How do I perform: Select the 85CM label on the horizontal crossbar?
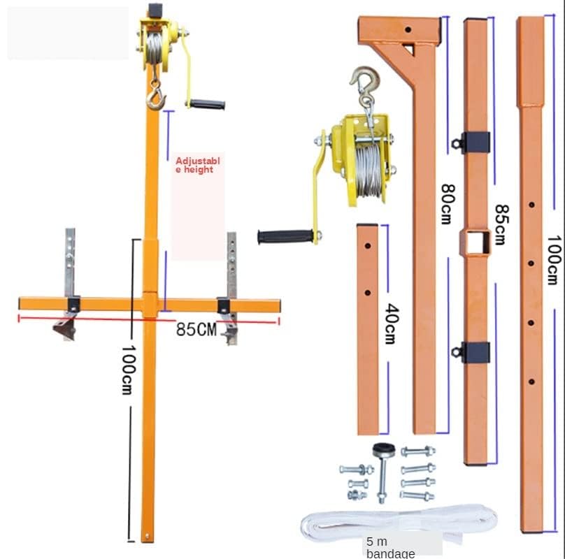196,328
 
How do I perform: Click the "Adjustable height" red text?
197,165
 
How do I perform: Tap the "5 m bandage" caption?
391,547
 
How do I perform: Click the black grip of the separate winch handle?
285,236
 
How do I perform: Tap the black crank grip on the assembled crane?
207,105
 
